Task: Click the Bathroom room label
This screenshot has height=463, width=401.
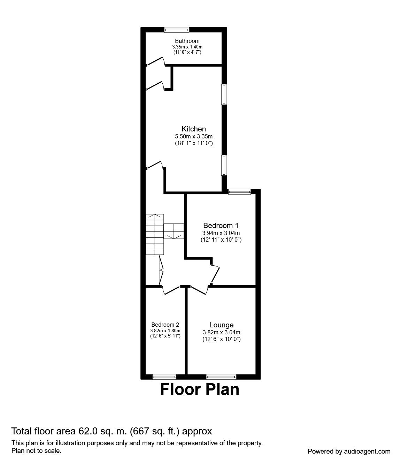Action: [x=187, y=41]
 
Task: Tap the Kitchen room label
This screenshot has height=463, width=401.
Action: [x=194, y=129]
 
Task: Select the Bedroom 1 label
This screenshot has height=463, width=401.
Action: [x=221, y=225]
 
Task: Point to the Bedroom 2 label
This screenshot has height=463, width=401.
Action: [x=165, y=324]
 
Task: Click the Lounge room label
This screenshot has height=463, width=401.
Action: [x=221, y=325]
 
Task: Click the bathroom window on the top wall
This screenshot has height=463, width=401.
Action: [x=177, y=30]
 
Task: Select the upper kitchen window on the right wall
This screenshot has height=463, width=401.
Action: [x=225, y=94]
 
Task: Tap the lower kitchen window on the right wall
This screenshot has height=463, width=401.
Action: [x=225, y=165]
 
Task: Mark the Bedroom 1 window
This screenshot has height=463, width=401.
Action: [x=239, y=191]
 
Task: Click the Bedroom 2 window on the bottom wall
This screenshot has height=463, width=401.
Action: [x=164, y=377]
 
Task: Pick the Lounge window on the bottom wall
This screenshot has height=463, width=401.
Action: [x=221, y=377]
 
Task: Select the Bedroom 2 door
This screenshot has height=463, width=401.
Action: [x=171, y=289]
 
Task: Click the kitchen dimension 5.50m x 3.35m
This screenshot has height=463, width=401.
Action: [x=194, y=136]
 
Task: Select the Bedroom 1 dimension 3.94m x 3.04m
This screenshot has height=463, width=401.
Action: [x=221, y=233]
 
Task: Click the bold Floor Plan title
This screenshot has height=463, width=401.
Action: [x=200, y=389]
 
